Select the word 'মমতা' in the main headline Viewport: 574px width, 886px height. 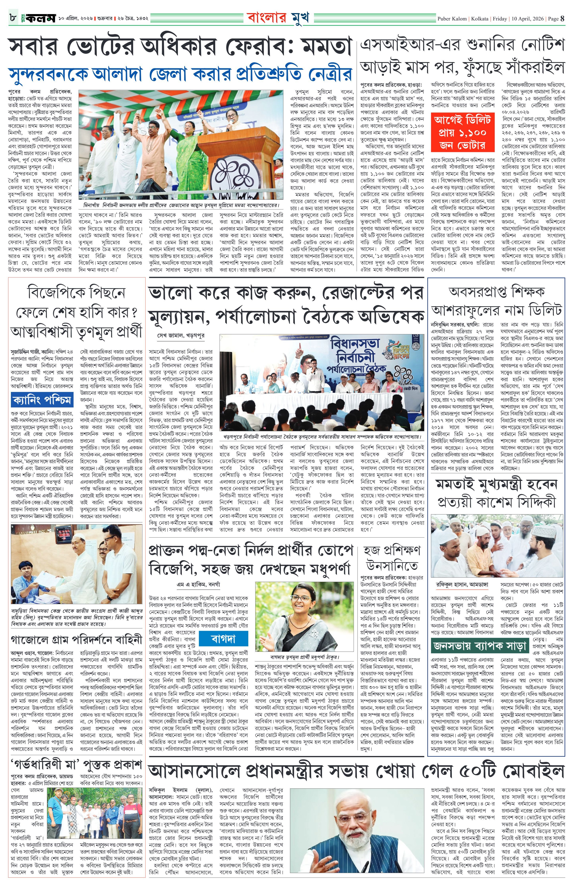[325, 48]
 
